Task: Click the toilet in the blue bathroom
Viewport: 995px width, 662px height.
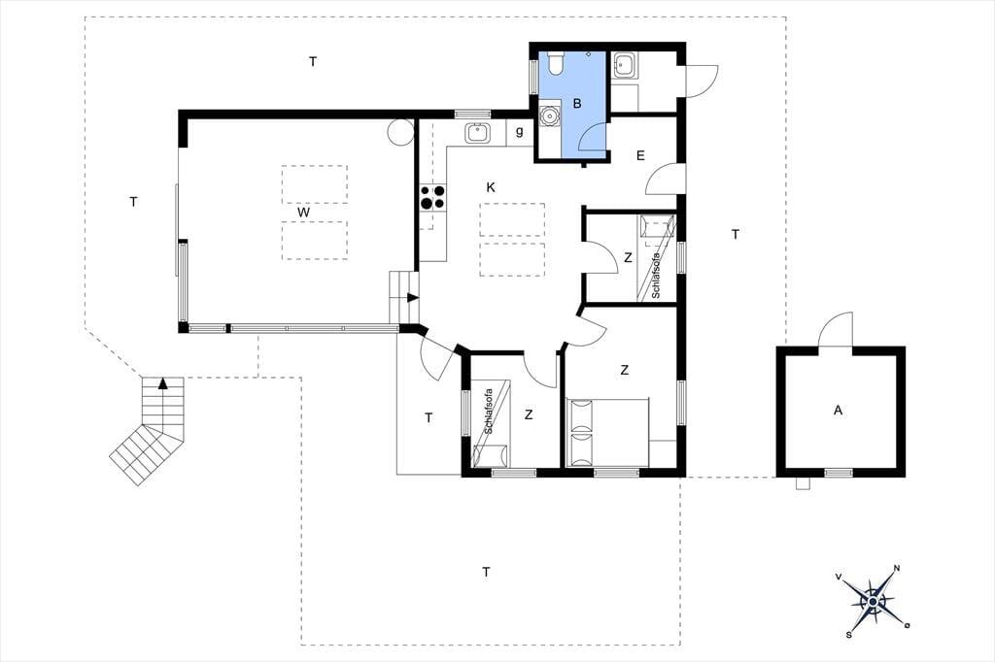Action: (x=555, y=63)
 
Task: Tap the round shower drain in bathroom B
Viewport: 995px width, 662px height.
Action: (x=548, y=116)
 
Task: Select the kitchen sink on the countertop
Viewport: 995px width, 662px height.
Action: (x=476, y=133)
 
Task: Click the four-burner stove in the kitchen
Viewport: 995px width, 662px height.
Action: (x=432, y=197)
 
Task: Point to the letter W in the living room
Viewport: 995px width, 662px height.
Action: (x=304, y=213)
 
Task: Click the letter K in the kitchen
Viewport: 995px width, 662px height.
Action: (x=491, y=187)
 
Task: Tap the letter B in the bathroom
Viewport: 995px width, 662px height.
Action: (x=577, y=103)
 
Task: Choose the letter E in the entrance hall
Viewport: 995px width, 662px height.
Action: (x=640, y=155)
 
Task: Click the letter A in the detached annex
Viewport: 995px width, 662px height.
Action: (x=838, y=411)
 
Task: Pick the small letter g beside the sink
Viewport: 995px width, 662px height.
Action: (x=520, y=132)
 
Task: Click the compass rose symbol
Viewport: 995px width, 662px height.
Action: (x=873, y=601)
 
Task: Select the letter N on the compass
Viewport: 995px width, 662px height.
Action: (x=897, y=568)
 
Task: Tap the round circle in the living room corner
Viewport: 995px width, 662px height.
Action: (x=400, y=132)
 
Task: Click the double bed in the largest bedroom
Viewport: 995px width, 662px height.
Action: (x=608, y=433)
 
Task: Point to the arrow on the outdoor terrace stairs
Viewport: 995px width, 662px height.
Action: (x=163, y=383)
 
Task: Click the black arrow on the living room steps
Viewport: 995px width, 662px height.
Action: (x=413, y=297)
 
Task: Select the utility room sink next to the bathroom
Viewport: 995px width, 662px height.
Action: (x=625, y=65)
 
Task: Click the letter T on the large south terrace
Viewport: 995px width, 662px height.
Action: (x=486, y=572)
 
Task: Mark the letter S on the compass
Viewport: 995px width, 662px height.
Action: (x=848, y=634)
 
